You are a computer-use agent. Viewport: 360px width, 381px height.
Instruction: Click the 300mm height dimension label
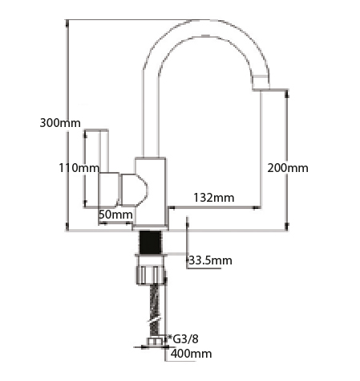pos(60,123)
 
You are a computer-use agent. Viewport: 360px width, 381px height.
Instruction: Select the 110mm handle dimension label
pos(79,168)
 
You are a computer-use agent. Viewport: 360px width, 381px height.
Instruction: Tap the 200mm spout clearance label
pos(288,168)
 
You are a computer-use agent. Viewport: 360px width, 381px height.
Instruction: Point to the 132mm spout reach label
pos(214,198)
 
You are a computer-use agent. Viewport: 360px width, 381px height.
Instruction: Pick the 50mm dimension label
pos(115,215)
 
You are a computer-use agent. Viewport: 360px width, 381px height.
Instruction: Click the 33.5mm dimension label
pos(210,260)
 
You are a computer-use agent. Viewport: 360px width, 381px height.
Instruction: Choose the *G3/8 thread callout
pos(183,339)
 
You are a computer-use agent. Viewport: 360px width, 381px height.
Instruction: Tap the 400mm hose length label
pos(192,354)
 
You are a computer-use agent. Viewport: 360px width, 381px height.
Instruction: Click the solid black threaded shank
pos(151,242)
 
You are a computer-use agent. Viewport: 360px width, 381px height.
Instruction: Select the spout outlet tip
pos(261,83)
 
